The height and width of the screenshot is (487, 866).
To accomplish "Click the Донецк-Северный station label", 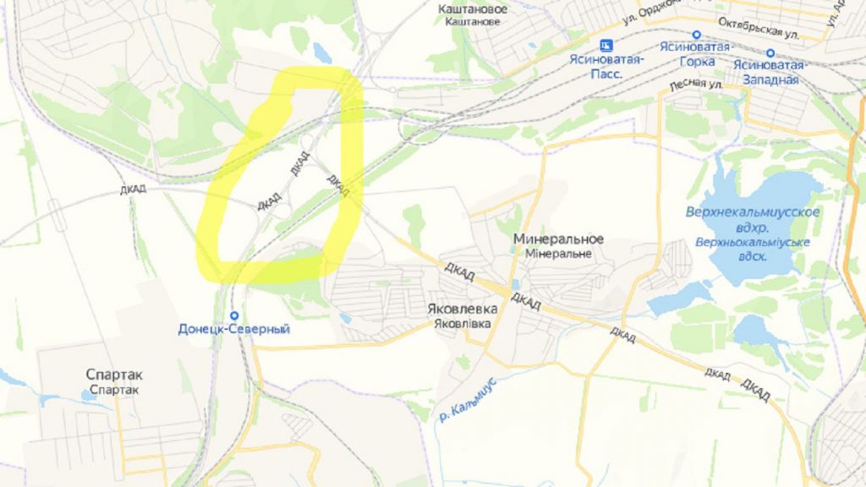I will pyautogui.click(x=234, y=329).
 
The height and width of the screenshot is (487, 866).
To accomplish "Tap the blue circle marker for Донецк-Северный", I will pyautogui.click(x=233, y=315).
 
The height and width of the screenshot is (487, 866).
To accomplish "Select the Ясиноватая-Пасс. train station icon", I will pyautogui.click(x=606, y=46).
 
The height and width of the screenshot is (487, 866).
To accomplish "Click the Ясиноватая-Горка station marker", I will pyautogui.click(x=696, y=36).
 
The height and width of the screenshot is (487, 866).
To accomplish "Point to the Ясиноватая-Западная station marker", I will pyautogui.click(x=770, y=52).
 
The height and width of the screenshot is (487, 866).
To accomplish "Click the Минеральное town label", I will pyautogui.click(x=558, y=239).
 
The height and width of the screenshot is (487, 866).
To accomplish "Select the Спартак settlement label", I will pyautogui.click(x=115, y=375).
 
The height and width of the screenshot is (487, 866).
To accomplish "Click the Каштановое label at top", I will pyautogui.click(x=474, y=9).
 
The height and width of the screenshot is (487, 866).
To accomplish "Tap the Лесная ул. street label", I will pyautogui.click(x=695, y=85).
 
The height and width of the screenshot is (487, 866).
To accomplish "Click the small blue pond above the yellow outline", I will pyautogui.click(x=322, y=53).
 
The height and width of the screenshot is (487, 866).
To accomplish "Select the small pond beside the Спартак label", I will pyautogui.click(x=89, y=395).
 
